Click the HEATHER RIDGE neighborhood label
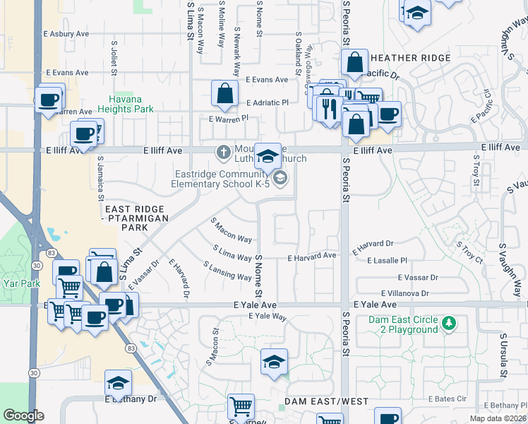[x=410, y=58]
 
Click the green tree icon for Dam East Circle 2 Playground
[x=447, y=324]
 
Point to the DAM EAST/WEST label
[x=327, y=401]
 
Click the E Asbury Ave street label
[x=66, y=33]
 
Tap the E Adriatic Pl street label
[x=268, y=102]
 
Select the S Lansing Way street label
[x=227, y=271]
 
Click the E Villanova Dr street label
[x=404, y=293]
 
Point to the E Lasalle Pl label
[x=384, y=261]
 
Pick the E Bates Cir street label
[x=447, y=399]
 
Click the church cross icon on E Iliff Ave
[x=224, y=151]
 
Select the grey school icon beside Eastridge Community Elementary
[x=280, y=178]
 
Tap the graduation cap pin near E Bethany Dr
[x=118, y=382]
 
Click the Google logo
[x=24, y=416]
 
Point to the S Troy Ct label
[x=469, y=252]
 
